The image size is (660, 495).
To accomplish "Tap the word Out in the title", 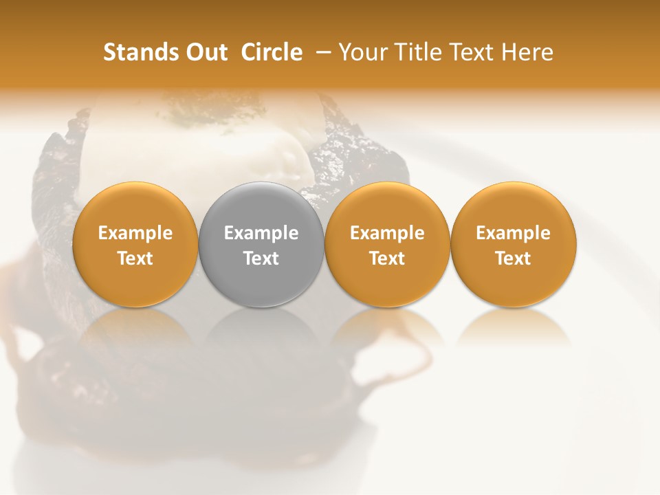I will click(x=205, y=52).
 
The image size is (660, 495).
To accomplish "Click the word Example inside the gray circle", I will click(x=261, y=233).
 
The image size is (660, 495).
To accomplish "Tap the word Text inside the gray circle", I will click(x=261, y=258).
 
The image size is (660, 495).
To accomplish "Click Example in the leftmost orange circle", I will click(x=135, y=233).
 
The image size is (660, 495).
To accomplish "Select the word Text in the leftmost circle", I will click(x=135, y=258).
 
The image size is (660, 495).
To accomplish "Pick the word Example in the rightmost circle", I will click(x=514, y=233).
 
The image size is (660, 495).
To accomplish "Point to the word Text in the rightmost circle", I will click(x=514, y=258).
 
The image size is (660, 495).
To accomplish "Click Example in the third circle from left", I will click(x=387, y=233).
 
